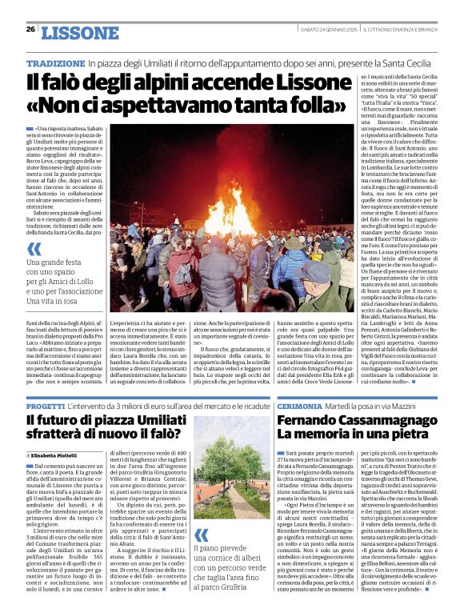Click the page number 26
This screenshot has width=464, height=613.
(30, 30)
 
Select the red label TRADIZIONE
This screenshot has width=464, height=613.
(55, 63)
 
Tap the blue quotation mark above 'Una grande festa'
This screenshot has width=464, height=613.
(34, 248)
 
